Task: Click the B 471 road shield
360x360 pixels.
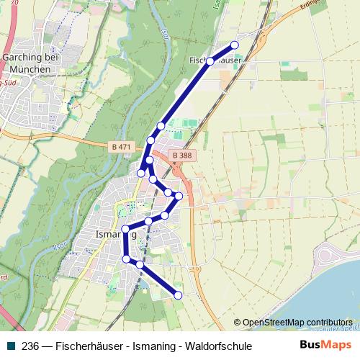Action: tap(122, 147)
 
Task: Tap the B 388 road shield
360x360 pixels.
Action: tap(182, 155)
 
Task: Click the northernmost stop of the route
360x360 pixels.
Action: tap(234, 45)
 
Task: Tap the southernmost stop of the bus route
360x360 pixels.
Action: tap(179, 294)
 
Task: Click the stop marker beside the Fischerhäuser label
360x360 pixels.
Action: tap(210, 62)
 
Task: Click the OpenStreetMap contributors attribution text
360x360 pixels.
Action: tap(297, 323)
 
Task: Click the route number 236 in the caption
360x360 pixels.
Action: tap(31, 346)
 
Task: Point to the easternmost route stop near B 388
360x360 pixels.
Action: tap(179, 196)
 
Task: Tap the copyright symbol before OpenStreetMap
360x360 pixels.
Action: tap(237, 323)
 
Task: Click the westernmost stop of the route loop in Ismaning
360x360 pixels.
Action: tap(125, 230)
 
